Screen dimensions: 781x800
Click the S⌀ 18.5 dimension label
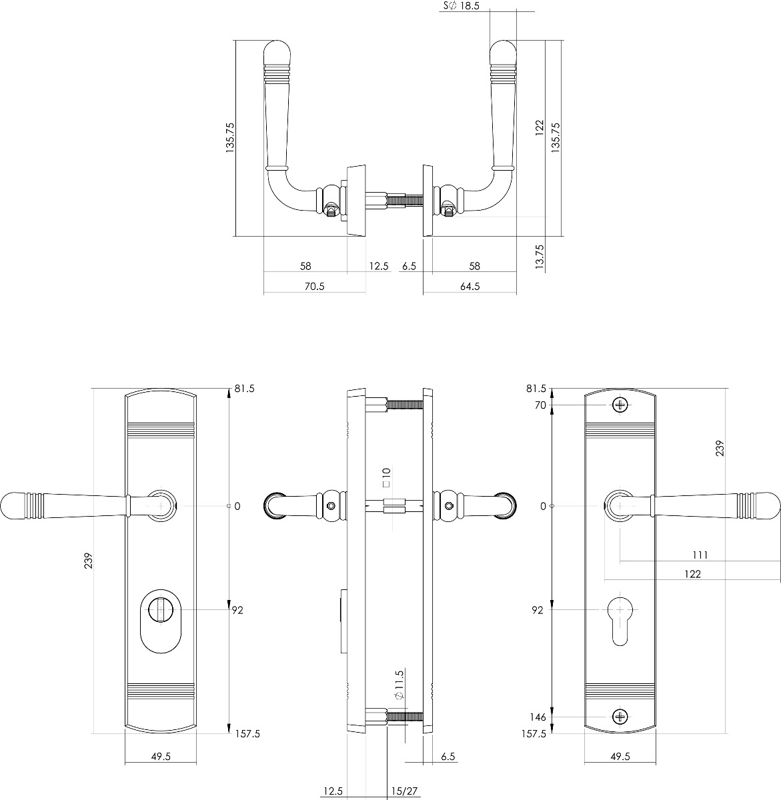461,6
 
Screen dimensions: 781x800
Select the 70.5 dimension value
315,287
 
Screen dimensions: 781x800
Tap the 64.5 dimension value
470,287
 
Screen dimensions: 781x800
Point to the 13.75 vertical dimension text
540,257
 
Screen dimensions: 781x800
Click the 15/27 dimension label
404,791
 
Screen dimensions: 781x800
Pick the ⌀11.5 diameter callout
399,684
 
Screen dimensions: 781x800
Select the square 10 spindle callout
387,477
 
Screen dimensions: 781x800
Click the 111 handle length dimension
700,555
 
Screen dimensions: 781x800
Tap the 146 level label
538,717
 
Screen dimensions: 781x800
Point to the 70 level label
540,405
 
